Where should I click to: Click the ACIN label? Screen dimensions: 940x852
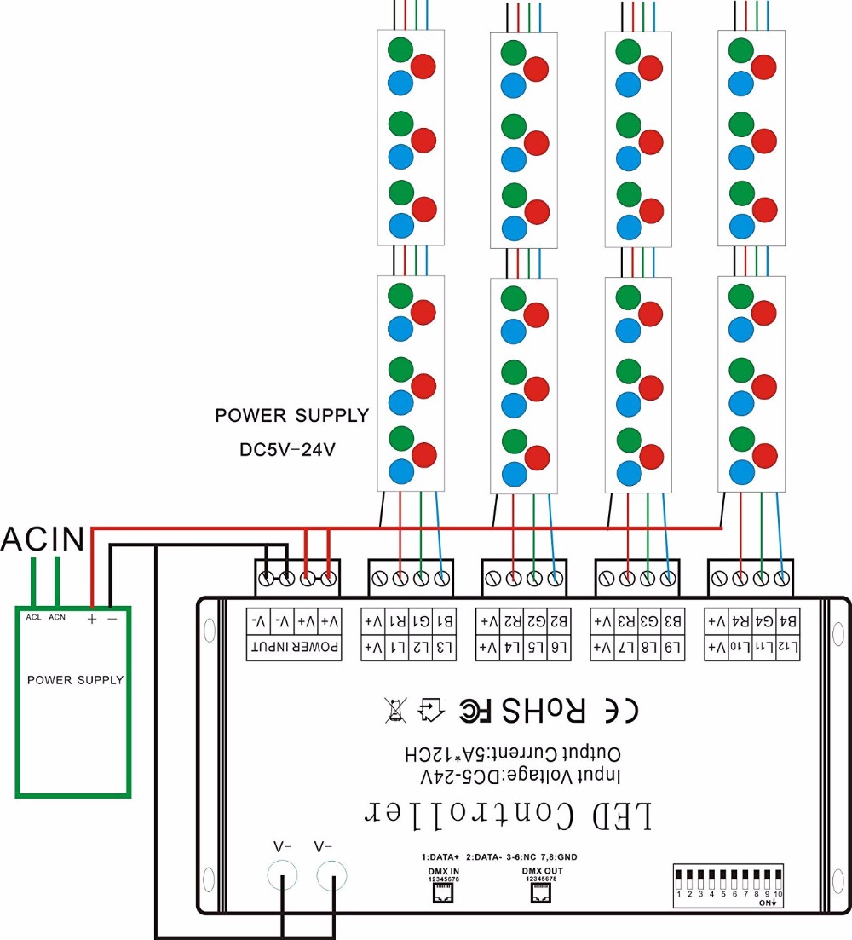tap(43, 539)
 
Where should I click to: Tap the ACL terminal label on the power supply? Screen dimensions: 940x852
tap(33, 616)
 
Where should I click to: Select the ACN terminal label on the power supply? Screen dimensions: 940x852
tap(57, 616)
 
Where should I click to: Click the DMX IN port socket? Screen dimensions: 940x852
tap(443, 892)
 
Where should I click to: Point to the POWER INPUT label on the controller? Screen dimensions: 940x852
tap(294, 649)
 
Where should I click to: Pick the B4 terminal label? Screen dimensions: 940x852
tap(788, 620)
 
